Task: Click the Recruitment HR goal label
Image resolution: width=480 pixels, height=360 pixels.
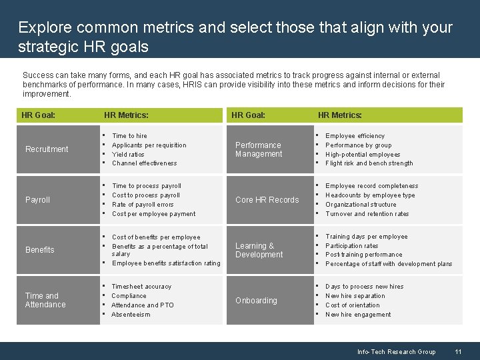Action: [x=47, y=149]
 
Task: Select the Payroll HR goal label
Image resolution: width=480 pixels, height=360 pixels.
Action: [x=38, y=200]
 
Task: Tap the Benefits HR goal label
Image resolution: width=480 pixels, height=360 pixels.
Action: [x=39, y=250]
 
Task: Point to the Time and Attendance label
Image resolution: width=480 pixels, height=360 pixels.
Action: [x=45, y=300]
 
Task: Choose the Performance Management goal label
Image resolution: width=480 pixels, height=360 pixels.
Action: [x=259, y=149]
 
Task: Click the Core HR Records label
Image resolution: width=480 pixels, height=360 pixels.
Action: [x=267, y=200]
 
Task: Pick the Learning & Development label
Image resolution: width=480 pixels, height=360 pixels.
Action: [x=259, y=250]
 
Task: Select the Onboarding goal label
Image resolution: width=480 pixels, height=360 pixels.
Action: [x=256, y=301]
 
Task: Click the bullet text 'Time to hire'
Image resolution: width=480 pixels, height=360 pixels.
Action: [x=129, y=136]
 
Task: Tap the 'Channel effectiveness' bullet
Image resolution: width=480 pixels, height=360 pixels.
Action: [x=145, y=163]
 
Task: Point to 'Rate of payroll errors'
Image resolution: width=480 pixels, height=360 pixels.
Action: [x=143, y=205]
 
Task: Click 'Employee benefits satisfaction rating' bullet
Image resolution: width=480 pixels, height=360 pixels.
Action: [x=166, y=263]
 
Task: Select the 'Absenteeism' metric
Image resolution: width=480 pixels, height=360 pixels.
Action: [x=131, y=315]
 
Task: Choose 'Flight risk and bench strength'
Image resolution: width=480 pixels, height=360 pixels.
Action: [x=369, y=163]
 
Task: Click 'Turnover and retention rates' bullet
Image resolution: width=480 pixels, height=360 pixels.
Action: [x=367, y=214]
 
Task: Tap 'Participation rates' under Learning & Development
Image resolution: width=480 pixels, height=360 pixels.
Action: [x=351, y=245]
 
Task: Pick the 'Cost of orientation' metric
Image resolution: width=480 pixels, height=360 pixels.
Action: [x=352, y=305]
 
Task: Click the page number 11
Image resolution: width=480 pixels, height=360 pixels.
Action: [x=458, y=351]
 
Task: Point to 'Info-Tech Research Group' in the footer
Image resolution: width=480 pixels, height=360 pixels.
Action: [x=396, y=351]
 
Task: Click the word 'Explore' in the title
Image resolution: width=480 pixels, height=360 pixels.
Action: [x=45, y=28]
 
